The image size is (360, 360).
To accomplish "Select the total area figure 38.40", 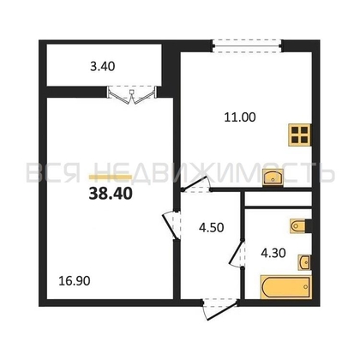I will (107, 193).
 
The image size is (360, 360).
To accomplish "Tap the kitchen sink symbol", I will (275, 177).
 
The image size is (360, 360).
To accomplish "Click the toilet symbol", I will (299, 225).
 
